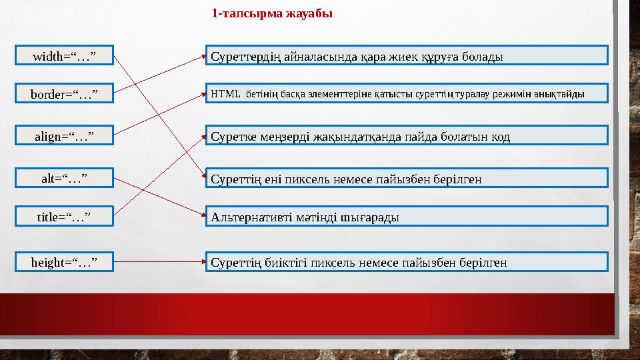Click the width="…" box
coord(64,55)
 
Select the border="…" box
coord(64,94)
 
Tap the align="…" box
coord(64,136)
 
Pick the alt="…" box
coord(64,177)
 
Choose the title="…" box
coord(64,216)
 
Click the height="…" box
coord(64,262)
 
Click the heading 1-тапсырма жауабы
coord(271,13)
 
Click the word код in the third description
coord(500,137)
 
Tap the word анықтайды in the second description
coord(561,93)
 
